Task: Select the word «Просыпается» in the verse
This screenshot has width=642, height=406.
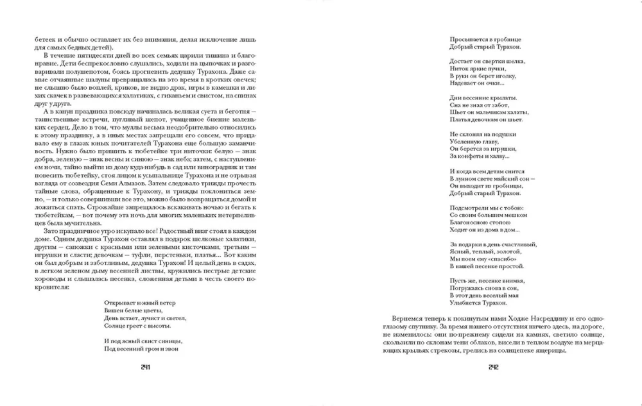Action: click(467, 38)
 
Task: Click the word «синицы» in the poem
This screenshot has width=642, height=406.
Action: click(173, 341)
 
